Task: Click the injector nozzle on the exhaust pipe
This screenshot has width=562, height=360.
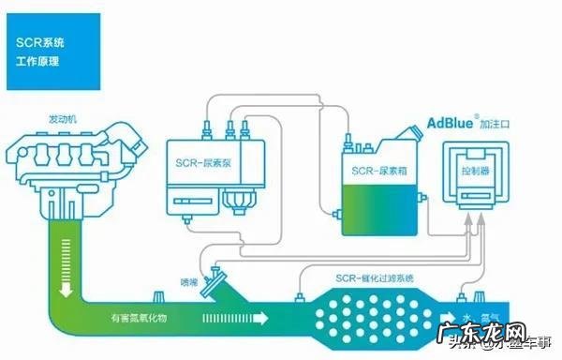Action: pyautogui.click(x=222, y=282)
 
